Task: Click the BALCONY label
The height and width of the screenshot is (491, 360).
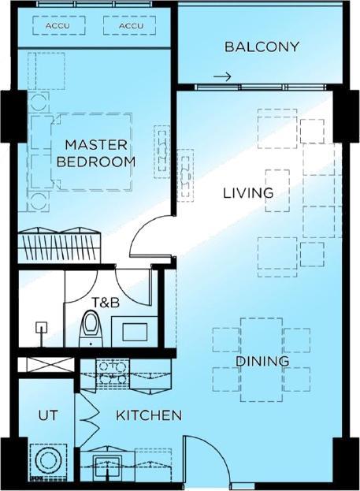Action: pyautogui.click(x=262, y=46)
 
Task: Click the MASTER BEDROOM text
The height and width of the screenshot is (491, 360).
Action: pyautogui.click(x=95, y=153)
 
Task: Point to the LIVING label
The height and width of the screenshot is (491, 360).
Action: pyautogui.click(x=247, y=192)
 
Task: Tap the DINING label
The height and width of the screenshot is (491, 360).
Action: pyautogui.click(x=262, y=361)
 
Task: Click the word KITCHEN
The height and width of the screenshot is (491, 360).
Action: pyautogui.click(x=150, y=415)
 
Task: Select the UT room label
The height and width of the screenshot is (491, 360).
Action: pyautogui.click(x=45, y=415)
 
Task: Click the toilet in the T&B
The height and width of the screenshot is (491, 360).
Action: pyautogui.click(x=92, y=329)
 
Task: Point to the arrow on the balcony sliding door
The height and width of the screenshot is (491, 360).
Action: pyautogui.click(x=223, y=77)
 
